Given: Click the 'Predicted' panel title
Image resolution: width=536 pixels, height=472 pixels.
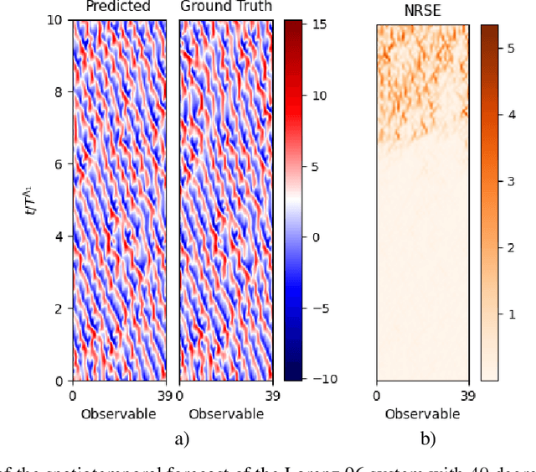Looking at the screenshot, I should (119, 7).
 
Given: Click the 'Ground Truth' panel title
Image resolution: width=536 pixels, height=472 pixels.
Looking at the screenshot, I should (226, 7).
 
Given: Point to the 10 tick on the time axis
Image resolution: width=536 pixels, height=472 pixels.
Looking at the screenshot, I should (54, 20).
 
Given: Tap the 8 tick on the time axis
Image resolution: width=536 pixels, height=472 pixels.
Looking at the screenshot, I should (58, 92).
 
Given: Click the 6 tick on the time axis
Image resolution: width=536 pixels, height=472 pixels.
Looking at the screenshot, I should (58, 164).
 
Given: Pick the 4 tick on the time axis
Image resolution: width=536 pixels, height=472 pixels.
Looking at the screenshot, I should (58, 236).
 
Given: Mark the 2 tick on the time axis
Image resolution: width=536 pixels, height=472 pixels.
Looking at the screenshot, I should (58, 309).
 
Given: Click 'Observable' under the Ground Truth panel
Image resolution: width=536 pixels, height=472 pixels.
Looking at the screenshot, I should (226, 413).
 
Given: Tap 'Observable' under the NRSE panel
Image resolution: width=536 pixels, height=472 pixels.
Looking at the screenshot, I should (422, 413).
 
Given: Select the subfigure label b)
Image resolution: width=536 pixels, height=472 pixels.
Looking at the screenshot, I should (427, 438).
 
